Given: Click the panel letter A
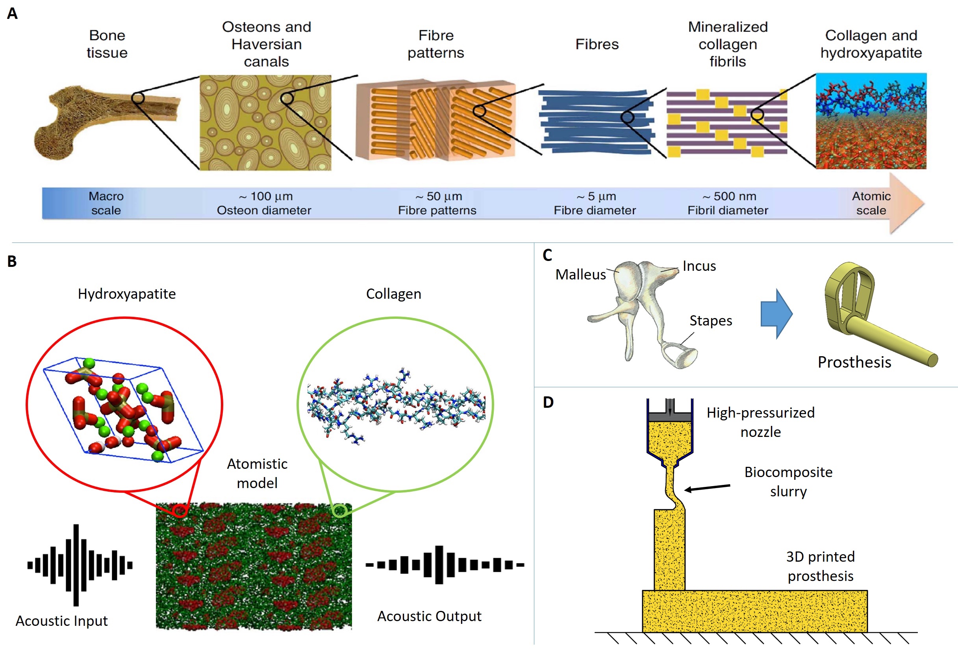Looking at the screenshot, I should [12, 14].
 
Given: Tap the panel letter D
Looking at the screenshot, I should [548, 402].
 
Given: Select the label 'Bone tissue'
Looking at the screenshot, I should [107, 44].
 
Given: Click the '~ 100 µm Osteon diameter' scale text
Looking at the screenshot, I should [264, 203].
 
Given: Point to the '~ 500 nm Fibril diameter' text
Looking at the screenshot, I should [728, 203].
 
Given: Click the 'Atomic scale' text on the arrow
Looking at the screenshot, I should [871, 203].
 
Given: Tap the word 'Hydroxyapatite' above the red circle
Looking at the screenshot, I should [126, 294].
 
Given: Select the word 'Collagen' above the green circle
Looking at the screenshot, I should [394, 294].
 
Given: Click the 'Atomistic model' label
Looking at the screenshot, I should [257, 474].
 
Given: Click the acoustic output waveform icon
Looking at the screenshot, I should [445, 564].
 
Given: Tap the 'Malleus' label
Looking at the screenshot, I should [580, 274].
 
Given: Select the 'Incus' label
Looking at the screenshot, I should [699, 266].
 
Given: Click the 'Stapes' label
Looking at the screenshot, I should [711, 320].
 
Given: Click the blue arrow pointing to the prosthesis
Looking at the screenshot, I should [776, 314].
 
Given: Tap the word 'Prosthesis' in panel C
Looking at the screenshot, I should [854, 362].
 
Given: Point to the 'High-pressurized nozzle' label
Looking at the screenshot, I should [761, 422].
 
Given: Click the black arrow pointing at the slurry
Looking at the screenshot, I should [707, 488].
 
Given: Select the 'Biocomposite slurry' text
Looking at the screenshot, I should [788, 482].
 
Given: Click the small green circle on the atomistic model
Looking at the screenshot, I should [340, 511].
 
